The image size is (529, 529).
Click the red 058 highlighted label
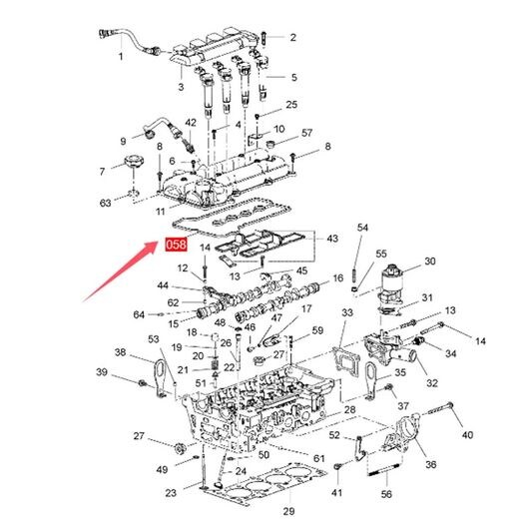click(x=176, y=245)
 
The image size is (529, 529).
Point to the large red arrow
click(x=121, y=270)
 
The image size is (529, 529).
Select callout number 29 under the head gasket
click(x=288, y=511)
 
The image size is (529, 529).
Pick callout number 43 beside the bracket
click(x=332, y=239)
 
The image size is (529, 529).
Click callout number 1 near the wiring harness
click(x=121, y=56)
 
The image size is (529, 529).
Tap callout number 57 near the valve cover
click(x=306, y=133)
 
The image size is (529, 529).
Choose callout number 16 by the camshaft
click(x=337, y=278)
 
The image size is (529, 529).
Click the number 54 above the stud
click(x=362, y=228)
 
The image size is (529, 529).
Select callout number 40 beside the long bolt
click(x=467, y=435)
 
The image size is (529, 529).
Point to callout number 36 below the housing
click(x=431, y=464)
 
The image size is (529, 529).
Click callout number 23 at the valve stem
click(x=171, y=493)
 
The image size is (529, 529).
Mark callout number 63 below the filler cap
click(x=105, y=203)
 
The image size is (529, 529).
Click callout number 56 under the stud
click(x=386, y=494)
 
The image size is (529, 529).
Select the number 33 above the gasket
click(x=347, y=312)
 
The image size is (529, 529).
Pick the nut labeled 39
click(x=142, y=383)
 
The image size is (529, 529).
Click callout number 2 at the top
click(x=292, y=38)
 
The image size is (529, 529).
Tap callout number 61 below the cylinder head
click(x=318, y=458)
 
